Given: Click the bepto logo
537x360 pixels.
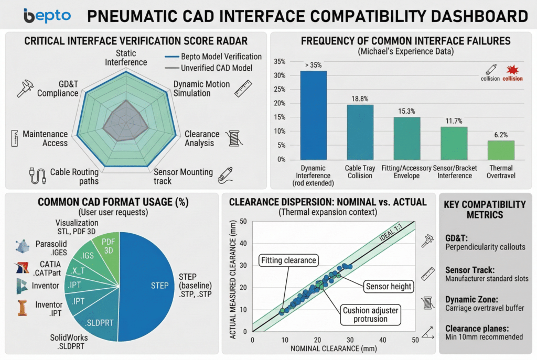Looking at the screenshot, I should [47, 15].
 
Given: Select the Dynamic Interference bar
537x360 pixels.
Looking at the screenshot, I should [313, 115].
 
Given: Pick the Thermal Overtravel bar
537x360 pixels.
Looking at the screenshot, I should [501, 149].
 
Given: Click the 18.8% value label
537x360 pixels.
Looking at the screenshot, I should [360, 98].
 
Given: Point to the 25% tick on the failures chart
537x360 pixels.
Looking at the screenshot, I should [279, 89].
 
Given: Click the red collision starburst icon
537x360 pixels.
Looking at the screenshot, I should [512, 70].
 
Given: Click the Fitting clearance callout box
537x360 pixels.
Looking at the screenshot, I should [289, 260].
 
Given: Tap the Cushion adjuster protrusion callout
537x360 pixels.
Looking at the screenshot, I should [370, 314].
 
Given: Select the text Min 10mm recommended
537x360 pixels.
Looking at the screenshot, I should [484, 336].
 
